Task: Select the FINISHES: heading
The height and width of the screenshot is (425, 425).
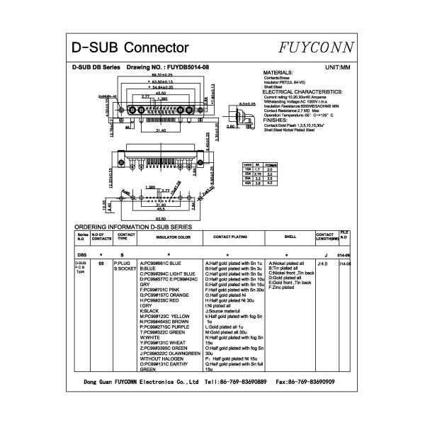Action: (280, 120)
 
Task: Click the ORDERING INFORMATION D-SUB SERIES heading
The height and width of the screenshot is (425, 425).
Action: (133, 226)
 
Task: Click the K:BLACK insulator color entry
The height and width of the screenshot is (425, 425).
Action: (150, 310)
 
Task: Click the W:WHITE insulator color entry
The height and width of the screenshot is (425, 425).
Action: (151, 337)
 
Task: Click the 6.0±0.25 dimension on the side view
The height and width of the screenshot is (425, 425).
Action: (247, 104)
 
